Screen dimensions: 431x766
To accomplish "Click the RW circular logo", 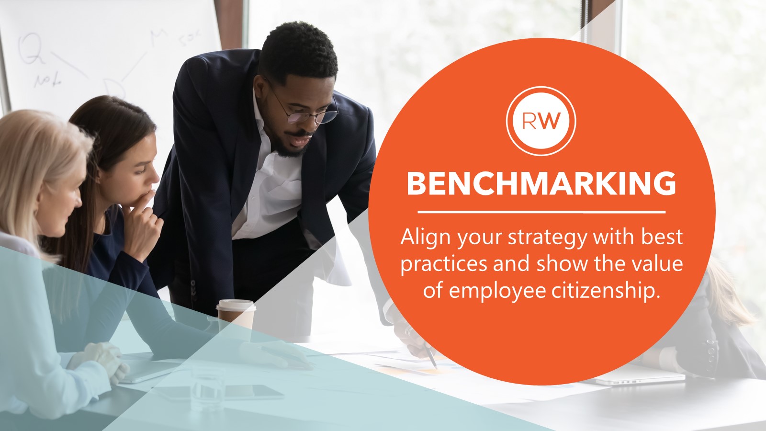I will pyautogui.click(x=541, y=121).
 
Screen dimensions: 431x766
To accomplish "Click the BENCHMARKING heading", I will pyautogui.click(x=541, y=183).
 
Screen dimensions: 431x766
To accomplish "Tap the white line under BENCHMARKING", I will pyautogui.click(x=541, y=211).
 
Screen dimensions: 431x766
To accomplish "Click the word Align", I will pyautogui.click(x=426, y=238).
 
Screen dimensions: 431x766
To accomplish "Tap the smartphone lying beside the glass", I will pyautogui.click(x=254, y=393).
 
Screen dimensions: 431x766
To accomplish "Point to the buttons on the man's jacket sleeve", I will pyautogui.click(x=193, y=288).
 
